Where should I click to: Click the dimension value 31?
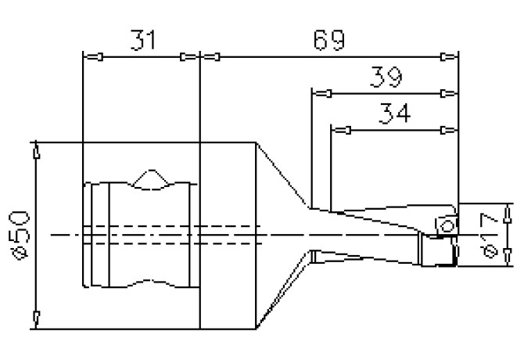[142, 41]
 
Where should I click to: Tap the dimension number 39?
[384, 78]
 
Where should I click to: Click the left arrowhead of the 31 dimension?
[93, 56]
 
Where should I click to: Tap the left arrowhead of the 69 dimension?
[212, 56]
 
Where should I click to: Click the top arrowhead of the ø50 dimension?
[36, 153]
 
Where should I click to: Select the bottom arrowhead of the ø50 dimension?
[36, 317]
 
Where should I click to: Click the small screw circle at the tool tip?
[447, 225]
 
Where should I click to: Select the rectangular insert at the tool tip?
[438, 250]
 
